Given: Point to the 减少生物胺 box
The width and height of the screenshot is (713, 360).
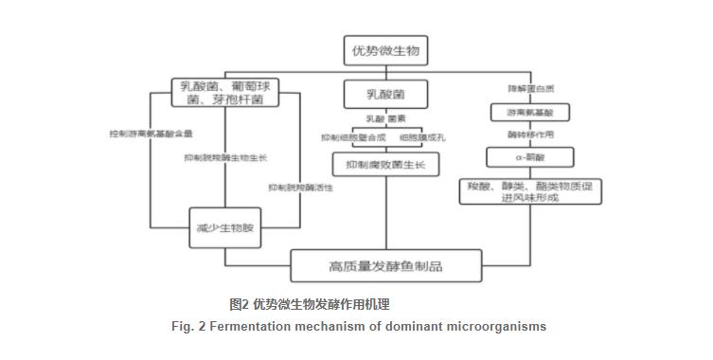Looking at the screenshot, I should [224, 228].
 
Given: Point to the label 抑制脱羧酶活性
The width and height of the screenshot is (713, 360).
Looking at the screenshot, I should [300, 188].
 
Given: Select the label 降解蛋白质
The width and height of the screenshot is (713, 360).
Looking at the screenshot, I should [528, 88].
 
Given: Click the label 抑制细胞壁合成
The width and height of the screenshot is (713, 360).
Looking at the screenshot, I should [353, 137].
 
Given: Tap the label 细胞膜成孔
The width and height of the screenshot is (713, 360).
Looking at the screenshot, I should [420, 137].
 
